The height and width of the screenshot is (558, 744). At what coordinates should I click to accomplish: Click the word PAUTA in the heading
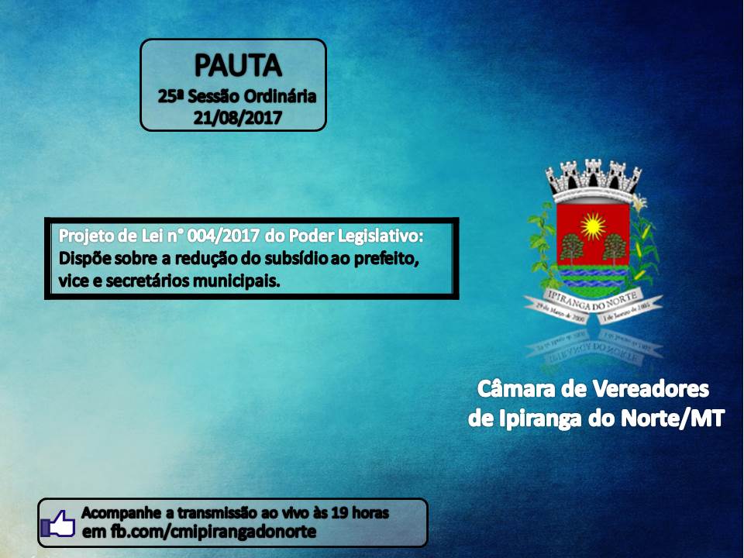click(x=237, y=67)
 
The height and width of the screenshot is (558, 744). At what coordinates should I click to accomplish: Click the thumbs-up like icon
click(x=59, y=524)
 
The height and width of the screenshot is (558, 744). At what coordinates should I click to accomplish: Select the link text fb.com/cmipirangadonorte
click(x=209, y=532)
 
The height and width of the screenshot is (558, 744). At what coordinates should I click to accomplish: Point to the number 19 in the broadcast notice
click(x=338, y=513)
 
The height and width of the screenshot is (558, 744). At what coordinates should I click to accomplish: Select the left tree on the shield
click(x=573, y=248)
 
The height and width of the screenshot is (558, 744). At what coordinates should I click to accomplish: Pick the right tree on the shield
click(x=615, y=248)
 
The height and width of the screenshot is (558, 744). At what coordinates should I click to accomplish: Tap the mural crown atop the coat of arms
click(x=594, y=177)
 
